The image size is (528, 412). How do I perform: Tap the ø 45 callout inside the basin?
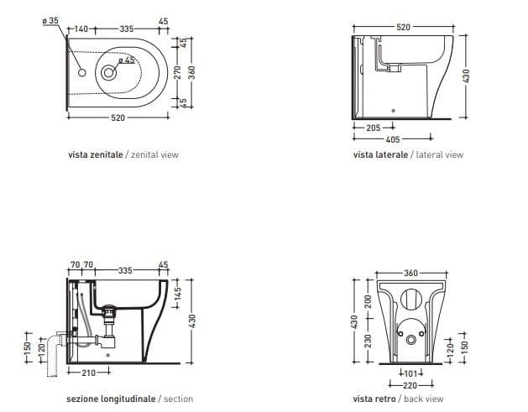click(126, 60)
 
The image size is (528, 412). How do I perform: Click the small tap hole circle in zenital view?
click(82, 73)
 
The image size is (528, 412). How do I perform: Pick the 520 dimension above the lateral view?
click(403, 28)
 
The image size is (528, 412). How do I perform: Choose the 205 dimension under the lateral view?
click(374, 128)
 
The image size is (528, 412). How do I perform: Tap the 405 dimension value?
click(392, 139)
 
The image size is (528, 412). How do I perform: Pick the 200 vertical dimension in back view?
click(367, 300)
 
